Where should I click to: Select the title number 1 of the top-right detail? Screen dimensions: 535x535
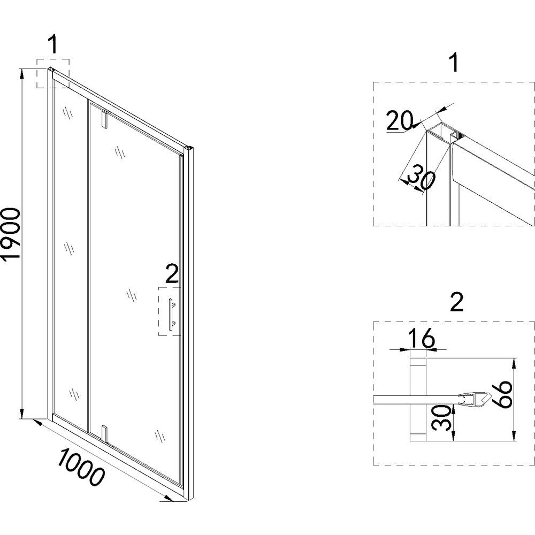[454, 63]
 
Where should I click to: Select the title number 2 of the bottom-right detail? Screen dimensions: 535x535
[457, 302]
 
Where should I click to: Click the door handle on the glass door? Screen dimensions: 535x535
[171, 314]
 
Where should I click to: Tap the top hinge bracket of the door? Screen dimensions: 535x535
[105, 119]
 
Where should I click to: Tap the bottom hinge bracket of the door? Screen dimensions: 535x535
[105, 434]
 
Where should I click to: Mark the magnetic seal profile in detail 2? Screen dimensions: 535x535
[475, 400]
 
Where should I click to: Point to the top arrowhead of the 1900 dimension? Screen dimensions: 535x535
[22, 72]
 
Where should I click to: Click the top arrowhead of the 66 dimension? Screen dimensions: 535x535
[514, 363]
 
